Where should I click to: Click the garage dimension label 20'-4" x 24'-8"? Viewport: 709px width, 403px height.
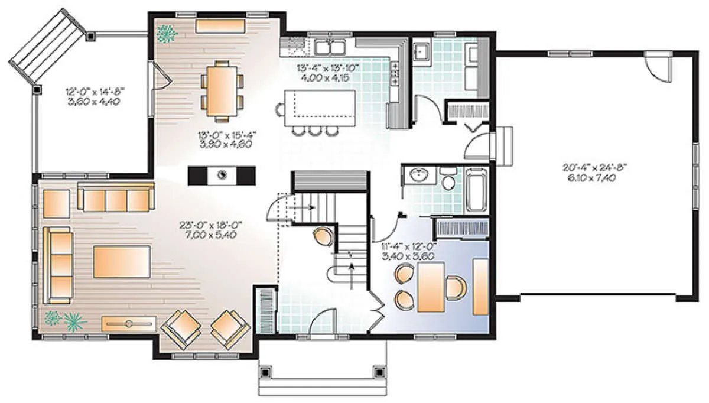tap(595, 167)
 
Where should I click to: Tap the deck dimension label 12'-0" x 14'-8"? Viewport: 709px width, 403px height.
tap(95, 92)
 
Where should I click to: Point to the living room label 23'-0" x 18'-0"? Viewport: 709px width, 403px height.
tap(210, 225)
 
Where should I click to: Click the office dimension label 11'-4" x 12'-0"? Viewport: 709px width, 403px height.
tap(409, 246)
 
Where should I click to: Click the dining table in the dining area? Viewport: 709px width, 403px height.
tap(222, 91)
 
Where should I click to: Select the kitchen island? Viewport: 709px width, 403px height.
tap(320, 108)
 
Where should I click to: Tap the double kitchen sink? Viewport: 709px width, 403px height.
tap(330, 47)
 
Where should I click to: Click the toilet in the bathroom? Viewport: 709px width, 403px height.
tap(448, 179)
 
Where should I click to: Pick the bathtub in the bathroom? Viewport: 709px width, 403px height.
tap(477, 190)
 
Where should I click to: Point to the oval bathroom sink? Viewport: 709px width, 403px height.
tap(419, 174)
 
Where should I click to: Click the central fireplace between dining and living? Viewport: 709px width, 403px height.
tap(222, 175)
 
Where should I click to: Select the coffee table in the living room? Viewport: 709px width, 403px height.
tap(122, 262)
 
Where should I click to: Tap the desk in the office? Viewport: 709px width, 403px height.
tap(431, 287)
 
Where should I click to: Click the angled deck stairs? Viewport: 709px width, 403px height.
tap(47, 47)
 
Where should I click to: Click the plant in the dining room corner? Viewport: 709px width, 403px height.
tap(166, 34)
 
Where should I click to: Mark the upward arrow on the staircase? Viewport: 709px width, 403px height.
tap(352, 276)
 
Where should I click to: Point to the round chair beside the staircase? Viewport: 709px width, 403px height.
tap(324, 236)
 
